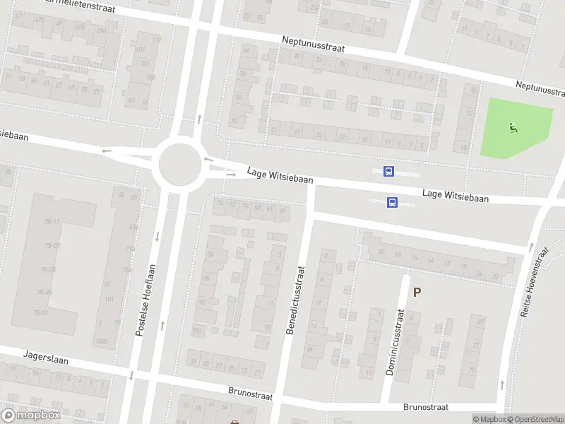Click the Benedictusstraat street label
pos(295,300)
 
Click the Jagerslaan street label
pos(46,358)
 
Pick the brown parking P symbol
pos(417,292)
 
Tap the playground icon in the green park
pos(513,128)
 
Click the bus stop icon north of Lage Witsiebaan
pos(388,171)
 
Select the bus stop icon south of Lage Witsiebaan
pos(392,203)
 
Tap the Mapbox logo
pos(31,415)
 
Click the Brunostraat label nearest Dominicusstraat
pos(426,407)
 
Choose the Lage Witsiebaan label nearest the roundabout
pos(280,175)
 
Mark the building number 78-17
pos(52,222)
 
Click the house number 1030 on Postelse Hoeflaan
pos(103,341)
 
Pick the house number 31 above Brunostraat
pos(194,362)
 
